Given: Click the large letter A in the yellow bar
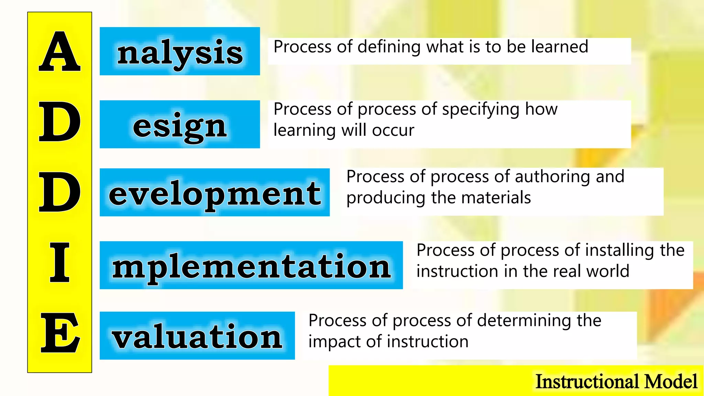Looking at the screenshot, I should point(59,52).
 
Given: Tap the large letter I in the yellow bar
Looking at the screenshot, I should point(59,262).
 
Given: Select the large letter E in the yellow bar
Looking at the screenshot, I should point(60,333).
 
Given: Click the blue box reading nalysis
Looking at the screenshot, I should point(180,51).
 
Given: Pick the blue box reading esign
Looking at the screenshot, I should point(180,124).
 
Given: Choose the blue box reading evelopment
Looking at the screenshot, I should point(214,192).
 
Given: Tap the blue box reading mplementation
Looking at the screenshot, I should point(251,265).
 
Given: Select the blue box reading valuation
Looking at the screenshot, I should point(197,336).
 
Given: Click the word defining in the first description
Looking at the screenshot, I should point(389,47).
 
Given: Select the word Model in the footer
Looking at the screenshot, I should point(671,382).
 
